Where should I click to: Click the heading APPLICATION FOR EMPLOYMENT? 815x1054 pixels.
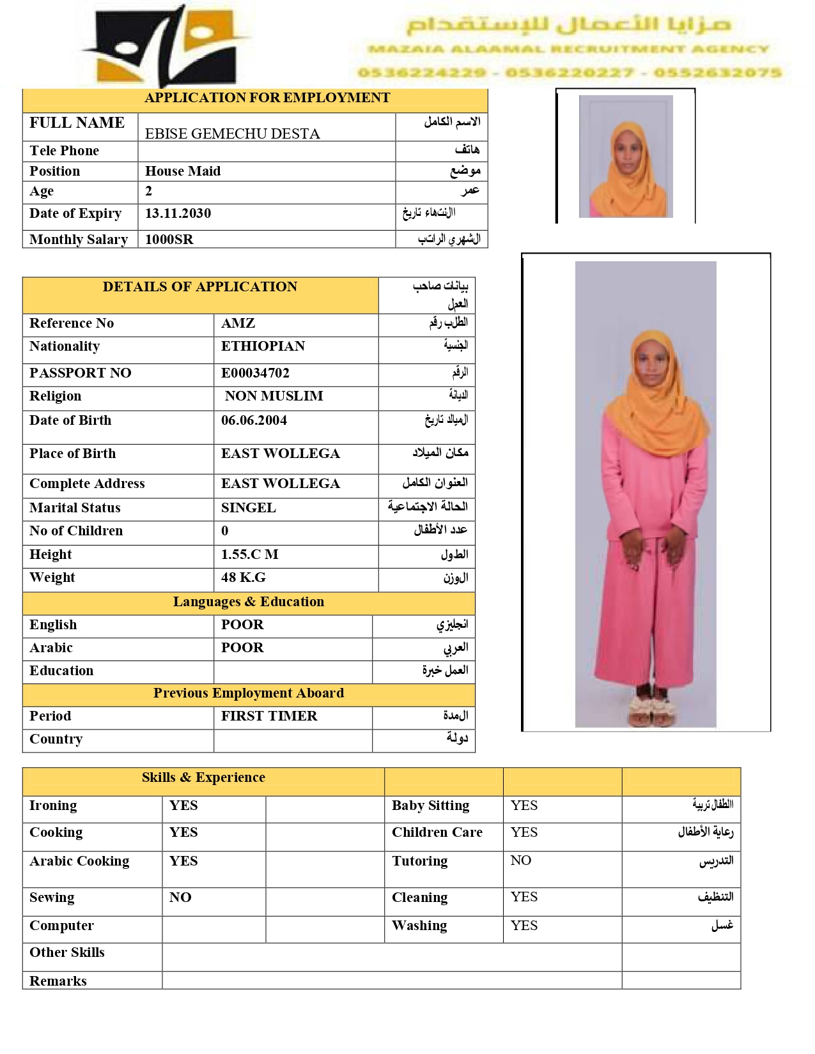pyautogui.click(x=267, y=98)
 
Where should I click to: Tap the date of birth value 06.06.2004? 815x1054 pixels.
pyautogui.click(x=254, y=420)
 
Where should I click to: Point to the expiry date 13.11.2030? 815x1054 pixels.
pyautogui.click(x=178, y=213)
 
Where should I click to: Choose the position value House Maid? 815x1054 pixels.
pyautogui.click(x=183, y=171)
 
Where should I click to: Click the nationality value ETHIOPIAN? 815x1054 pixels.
pyautogui.click(x=263, y=346)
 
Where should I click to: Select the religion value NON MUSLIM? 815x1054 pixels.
pyautogui.click(x=274, y=396)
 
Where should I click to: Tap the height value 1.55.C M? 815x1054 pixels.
pyautogui.click(x=249, y=554)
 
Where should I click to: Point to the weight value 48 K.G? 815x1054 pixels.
pyautogui.click(x=243, y=577)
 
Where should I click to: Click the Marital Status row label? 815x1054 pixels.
pyautogui.click(x=75, y=508)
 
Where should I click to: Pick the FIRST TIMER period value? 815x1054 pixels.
pyautogui.click(x=269, y=716)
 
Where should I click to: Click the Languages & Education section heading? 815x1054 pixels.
pyautogui.click(x=248, y=602)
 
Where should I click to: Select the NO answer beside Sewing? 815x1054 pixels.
pyautogui.click(x=180, y=897)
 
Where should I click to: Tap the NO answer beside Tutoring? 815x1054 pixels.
pyautogui.click(x=520, y=860)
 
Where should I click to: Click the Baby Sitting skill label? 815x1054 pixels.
pyautogui.click(x=430, y=806)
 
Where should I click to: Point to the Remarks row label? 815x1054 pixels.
pyautogui.click(x=58, y=981)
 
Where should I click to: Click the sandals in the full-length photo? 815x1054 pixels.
pyautogui.click(x=653, y=710)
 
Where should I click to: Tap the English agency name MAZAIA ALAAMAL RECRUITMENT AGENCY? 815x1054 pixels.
pyautogui.click(x=568, y=49)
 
